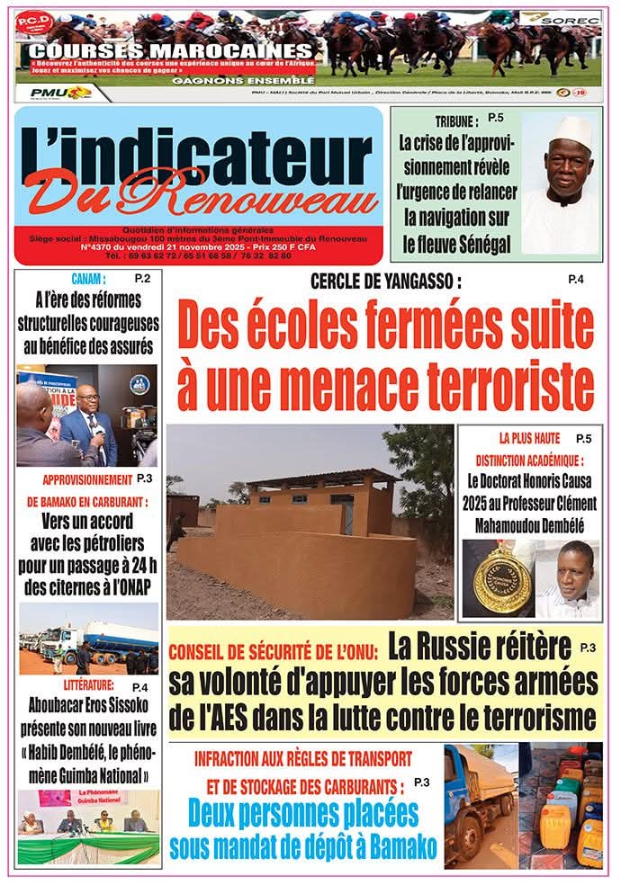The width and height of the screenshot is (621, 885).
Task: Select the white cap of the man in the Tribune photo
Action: click(x=572, y=133)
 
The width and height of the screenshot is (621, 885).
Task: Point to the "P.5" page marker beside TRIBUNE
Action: click(x=496, y=118)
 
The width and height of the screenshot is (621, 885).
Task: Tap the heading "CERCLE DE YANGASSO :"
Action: click(x=385, y=282)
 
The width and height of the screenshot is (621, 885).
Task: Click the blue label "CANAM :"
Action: click(x=88, y=279)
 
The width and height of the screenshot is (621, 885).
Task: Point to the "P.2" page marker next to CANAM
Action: click(x=142, y=278)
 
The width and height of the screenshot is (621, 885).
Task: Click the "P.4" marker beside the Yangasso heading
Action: click(x=576, y=281)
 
